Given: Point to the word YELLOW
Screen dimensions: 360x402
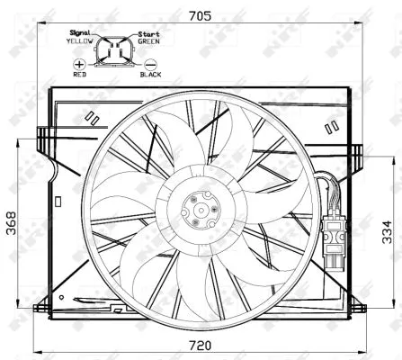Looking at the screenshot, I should point(82,40).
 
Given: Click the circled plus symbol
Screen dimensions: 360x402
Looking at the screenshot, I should point(81,65).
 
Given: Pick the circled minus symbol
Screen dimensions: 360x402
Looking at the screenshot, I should point(149,65).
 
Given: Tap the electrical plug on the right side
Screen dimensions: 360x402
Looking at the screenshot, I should point(336,238).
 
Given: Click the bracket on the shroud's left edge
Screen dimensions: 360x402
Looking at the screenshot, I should point(41,144).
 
